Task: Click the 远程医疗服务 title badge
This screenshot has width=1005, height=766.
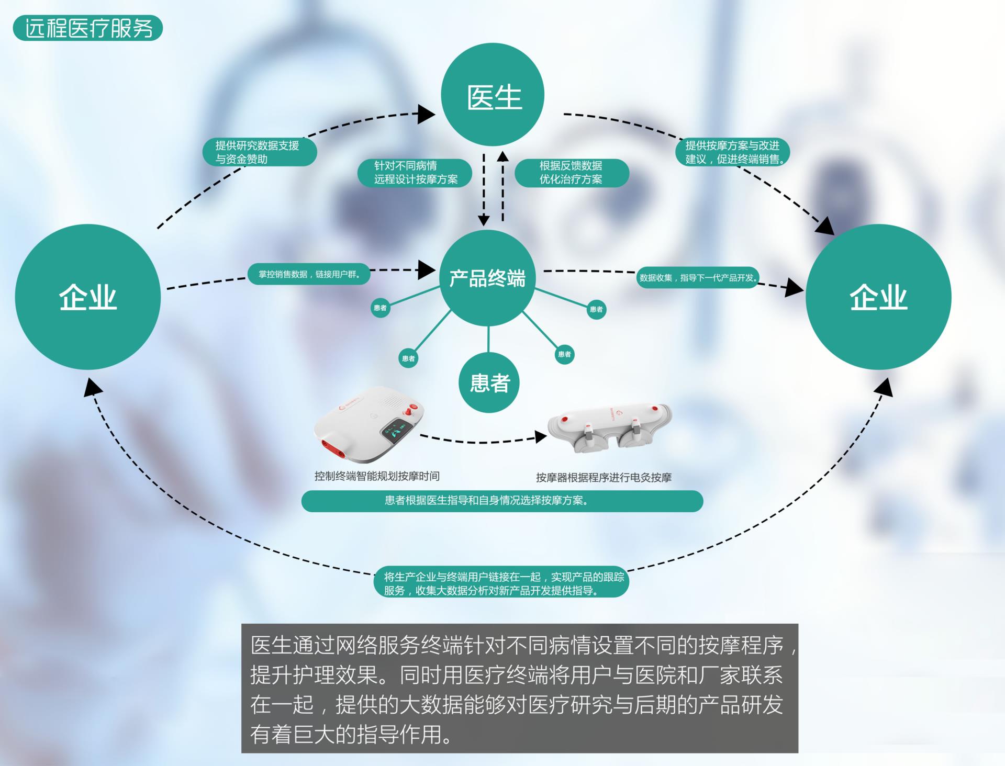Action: tap(88, 28)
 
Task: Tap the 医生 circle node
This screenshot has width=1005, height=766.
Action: tap(493, 95)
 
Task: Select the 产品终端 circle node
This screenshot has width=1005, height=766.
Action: tap(487, 278)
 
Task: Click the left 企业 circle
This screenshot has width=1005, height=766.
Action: tap(88, 297)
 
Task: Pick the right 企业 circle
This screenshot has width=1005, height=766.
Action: tap(878, 297)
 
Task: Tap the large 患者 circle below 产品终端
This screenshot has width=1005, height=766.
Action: tap(489, 383)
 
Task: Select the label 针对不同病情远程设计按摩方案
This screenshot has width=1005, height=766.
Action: tap(415, 173)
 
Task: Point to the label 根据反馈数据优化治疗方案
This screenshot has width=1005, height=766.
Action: tap(571, 173)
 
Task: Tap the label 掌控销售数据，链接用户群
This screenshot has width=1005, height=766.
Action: tap(309, 274)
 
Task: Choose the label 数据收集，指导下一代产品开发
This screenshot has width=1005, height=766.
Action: tap(698, 277)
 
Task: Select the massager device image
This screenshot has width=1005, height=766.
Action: tap(610, 426)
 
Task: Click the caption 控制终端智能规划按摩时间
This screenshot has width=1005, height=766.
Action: tap(377, 476)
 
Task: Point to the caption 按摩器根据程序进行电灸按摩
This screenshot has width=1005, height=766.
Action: tap(604, 477)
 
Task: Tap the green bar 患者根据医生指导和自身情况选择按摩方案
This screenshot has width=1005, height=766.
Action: tap(502, 501)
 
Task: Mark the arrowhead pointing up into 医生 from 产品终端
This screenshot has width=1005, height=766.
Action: tap(502, 156)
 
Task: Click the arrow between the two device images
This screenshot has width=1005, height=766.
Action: tap(482, 440)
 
